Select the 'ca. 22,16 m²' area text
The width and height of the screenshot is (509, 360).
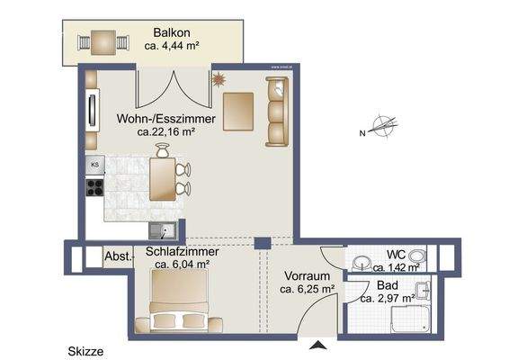[x=166, y=131]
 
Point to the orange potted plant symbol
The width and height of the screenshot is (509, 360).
[x=217, y=80]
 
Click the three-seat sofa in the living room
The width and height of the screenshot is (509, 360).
[x=276, y=111]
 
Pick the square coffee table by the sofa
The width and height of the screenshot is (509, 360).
[x=239, y=112]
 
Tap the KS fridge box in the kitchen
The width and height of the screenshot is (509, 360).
[x=94, y=165]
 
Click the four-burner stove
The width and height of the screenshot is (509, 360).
[x=94, y=189]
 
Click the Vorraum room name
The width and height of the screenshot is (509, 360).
[x=308, y=276]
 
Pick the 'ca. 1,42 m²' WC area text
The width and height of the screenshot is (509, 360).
[x=397, y=267]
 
